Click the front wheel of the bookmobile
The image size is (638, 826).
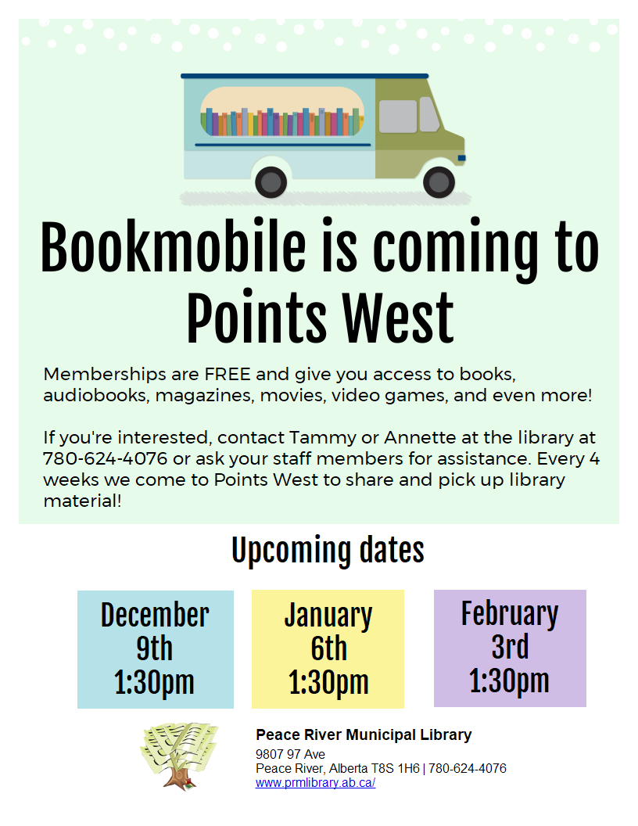coord(439,182)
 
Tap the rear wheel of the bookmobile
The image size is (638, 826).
coord(271,182)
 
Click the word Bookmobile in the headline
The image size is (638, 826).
coord(173,247)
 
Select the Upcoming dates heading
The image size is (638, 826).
coord(328,551)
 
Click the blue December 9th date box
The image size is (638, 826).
coord(155,649)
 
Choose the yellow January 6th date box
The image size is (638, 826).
coord(328,649)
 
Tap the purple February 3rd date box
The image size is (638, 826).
coord(509,648)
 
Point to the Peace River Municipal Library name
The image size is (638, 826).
coord(364,735)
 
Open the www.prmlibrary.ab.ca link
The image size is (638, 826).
coord(315,782)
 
